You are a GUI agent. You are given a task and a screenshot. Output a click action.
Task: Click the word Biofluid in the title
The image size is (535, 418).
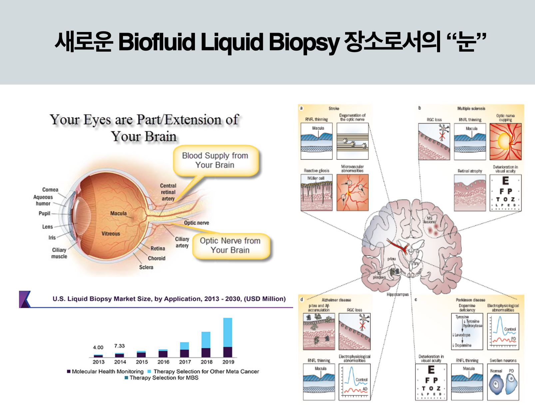(x=157, y=42)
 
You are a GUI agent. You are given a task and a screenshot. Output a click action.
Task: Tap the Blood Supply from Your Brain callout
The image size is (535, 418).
(x=215, y=160)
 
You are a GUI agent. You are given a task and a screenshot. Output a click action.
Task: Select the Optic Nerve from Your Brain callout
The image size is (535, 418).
(x=230, y=245)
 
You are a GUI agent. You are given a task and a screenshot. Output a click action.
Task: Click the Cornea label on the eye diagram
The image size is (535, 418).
(x=50, y=190)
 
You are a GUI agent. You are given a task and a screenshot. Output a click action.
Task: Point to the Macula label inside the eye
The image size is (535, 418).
(x=118, y=213)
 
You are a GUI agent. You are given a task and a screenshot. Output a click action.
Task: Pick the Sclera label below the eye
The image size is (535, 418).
(x=146, y=267)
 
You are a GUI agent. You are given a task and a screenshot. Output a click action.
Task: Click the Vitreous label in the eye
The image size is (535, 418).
(x=111, y=233)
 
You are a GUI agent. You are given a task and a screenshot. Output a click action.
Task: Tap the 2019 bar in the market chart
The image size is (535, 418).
(x=228, y=337)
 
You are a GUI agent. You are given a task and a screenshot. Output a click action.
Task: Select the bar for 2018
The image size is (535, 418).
(x=206, y=344)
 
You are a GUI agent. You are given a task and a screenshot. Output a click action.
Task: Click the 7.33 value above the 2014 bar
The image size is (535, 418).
(x=119, y=346)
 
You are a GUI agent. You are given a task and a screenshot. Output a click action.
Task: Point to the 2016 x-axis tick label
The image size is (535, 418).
(x=163, y=362)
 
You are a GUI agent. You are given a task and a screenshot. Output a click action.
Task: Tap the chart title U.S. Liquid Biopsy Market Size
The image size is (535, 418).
(x=169, y=299)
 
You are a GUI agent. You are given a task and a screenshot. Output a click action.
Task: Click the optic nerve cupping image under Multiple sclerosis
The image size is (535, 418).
(x=505, y=142)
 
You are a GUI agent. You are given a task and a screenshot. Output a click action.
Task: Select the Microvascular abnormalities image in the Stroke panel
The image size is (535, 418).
(x=352, y=193)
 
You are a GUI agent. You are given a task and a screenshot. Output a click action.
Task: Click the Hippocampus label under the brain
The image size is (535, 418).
(x=397, y=294)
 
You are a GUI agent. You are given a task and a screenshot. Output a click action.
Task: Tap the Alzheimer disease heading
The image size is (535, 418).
(x=336, y=300)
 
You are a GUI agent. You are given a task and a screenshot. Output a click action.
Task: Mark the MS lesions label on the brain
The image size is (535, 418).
(x=429, y=220)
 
